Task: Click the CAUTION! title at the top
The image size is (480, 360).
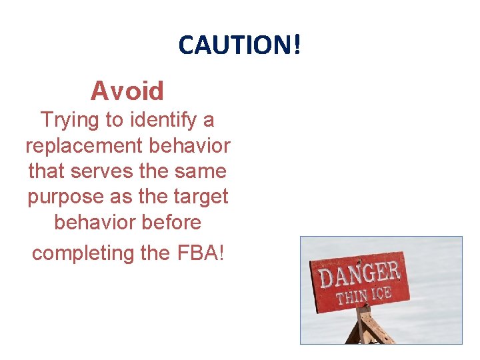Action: tap(239, 45)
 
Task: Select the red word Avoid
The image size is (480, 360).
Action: tap(127, 90)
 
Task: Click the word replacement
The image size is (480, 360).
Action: tap(83, 146)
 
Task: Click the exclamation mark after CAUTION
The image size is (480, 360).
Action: tap(296, 45)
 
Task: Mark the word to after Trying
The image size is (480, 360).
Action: tap(114, 121)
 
